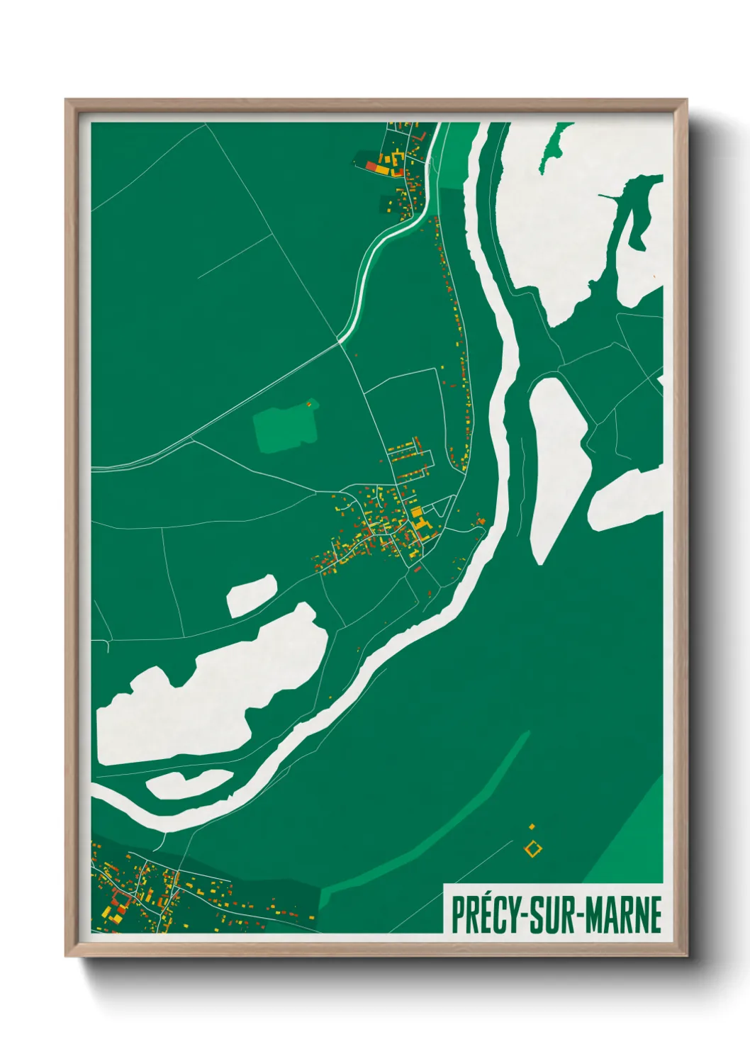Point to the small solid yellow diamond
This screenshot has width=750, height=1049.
[x=532, y=826]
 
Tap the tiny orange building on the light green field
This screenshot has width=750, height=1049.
[x=308, y=404]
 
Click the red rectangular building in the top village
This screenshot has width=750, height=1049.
[x=372, y=166]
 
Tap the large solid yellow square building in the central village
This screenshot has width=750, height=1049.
[x=417, y=512]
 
